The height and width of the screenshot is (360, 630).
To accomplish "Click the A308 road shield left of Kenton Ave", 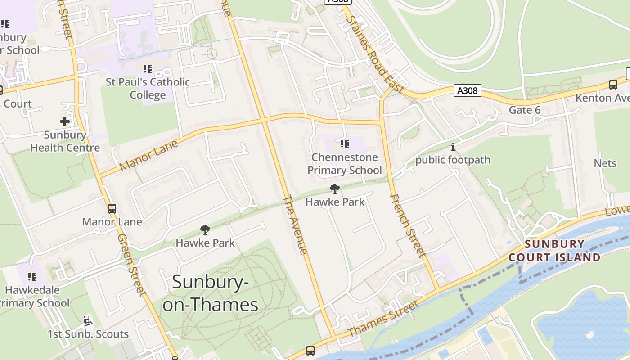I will (467, 90).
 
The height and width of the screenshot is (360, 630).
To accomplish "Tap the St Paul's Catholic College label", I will (148, 89).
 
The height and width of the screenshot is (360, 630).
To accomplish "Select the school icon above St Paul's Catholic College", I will (148, 69).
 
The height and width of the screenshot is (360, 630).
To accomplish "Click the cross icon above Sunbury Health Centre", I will (65, 121).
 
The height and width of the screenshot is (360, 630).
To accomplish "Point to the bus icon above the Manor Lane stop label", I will (112, 209).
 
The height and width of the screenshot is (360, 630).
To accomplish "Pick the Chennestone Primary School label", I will (344, 164).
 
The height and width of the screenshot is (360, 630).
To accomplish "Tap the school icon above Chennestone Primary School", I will (344, 144).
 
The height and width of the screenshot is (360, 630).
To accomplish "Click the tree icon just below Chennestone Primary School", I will (334, 189).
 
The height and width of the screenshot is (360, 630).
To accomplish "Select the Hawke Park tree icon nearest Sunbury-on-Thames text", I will (205, 230).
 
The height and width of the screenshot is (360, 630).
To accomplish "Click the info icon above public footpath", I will (453, 147).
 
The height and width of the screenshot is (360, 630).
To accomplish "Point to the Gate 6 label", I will (525, 110).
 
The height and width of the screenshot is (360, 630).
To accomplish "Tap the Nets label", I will (605, 163).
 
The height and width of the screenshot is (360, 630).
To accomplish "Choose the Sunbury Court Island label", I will (554, 251).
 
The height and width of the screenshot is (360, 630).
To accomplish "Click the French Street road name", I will (407, 226).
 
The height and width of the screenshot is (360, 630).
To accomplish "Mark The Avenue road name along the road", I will (296, 225).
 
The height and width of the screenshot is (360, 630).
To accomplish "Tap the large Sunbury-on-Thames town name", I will (211, 293).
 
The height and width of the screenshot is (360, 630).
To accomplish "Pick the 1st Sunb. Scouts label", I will (88, 334).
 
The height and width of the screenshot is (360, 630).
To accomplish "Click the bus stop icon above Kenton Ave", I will (613, 84).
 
